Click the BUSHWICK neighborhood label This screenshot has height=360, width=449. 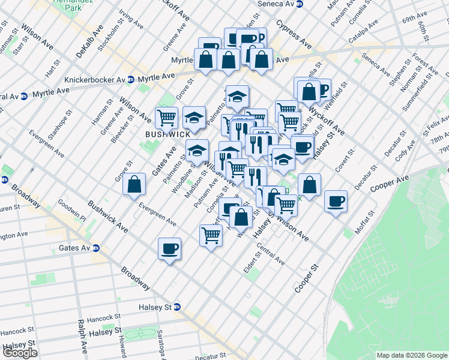pyautogui.click(x=167, y=135)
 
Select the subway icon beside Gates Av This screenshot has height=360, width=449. pyautogui.click(x=95, y=248)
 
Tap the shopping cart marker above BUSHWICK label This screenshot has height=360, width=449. pyautogui.click(x=166, y=116)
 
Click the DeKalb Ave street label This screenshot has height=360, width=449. pyautogui.click(x=89, y=41)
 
